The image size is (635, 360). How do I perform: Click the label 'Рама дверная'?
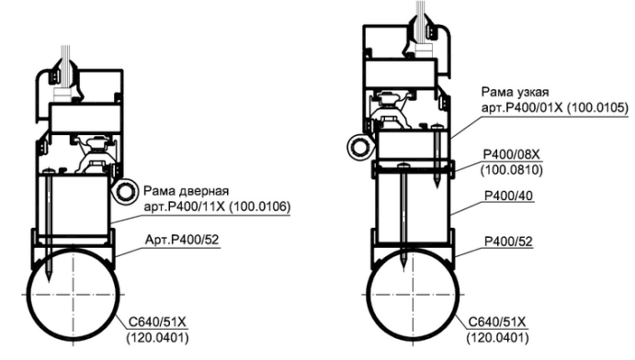pos(187,191)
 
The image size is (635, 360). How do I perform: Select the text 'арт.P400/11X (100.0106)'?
pos(218,208)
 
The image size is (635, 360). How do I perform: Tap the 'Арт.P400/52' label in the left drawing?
pos(182,240)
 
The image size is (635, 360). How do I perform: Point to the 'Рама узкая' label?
pos(516,93)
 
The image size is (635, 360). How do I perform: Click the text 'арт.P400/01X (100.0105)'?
pos(555,108)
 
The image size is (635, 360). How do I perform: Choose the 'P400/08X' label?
pos(512,154)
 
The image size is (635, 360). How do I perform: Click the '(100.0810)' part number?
pos(512,170)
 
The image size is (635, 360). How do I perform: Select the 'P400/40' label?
pos(509,197)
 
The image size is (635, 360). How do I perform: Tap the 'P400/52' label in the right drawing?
pos(509,242)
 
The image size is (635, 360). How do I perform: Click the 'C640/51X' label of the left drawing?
pos(157,322)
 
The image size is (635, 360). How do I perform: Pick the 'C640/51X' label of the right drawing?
pos(497,322)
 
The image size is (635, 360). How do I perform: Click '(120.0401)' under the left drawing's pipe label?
pos(157,338)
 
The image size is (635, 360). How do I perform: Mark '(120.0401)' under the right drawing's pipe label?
pos(497,338)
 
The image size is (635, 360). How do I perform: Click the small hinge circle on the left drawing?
pos(124,191)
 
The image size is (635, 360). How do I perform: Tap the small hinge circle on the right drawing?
pos(359,147)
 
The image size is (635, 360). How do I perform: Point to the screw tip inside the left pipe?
pos(48,281)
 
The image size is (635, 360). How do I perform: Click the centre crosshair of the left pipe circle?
pos(74,294)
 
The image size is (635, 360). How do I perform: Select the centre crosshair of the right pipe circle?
pos(414,294)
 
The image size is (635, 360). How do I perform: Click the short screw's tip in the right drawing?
pos(437,186)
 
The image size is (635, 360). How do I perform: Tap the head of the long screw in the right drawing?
pos(403,165)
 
